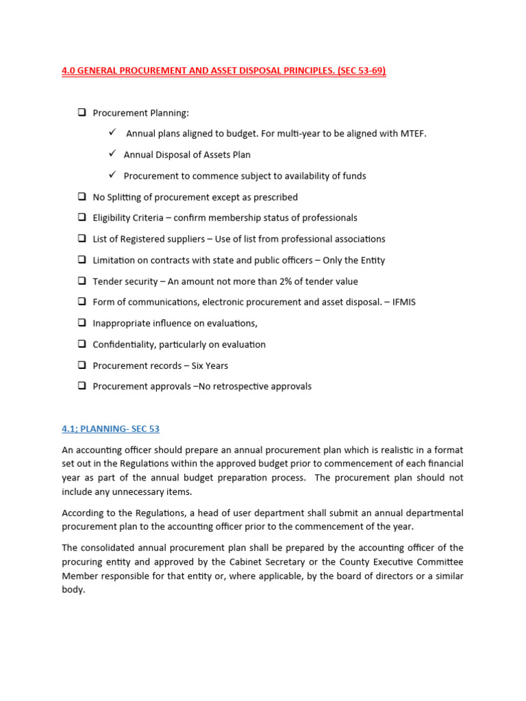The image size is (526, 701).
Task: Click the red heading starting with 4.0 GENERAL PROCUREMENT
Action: click(224, 71)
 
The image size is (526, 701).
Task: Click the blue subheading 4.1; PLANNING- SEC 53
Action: click(110, 429)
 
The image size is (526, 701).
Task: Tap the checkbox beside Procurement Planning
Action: click(82, 112)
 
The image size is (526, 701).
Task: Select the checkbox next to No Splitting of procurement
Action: click(82, 196)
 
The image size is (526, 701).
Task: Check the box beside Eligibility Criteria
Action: click(82, 218)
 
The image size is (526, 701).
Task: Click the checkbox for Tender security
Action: click(82, 281)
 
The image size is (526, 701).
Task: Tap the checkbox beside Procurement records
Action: click(82, 365)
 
